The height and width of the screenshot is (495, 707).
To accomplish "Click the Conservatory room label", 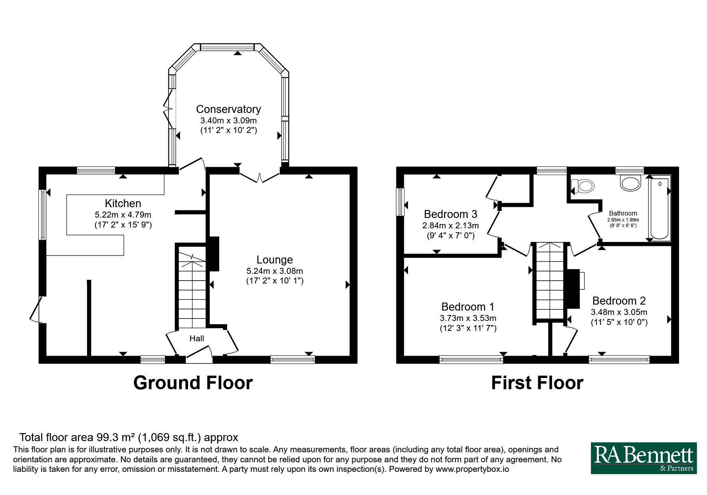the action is [228, 109].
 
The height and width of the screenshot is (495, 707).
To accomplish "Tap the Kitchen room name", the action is [123, 203].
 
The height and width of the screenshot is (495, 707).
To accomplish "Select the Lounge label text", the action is [275, 260].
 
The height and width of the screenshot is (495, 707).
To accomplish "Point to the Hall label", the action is [197, 339].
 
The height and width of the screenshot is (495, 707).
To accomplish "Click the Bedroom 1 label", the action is [468, 307].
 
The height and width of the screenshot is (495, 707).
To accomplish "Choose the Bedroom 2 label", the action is [619, 301].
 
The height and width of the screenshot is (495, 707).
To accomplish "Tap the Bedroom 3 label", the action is [451, 214].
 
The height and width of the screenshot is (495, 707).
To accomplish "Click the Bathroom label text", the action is [623, 214].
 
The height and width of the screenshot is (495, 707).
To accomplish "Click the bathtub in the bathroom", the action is [659, 208].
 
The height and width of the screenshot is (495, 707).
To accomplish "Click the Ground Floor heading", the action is [193, 382].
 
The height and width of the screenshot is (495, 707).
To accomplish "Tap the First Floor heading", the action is [537, 382].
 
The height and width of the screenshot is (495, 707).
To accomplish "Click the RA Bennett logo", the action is [644, 458].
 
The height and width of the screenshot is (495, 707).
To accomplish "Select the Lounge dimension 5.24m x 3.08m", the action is [275, 271].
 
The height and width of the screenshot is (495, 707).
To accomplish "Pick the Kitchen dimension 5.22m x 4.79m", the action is [123, 215].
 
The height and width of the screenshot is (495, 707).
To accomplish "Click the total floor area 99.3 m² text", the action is [129, 438].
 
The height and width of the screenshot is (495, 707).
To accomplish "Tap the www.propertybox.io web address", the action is [472, 469].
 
